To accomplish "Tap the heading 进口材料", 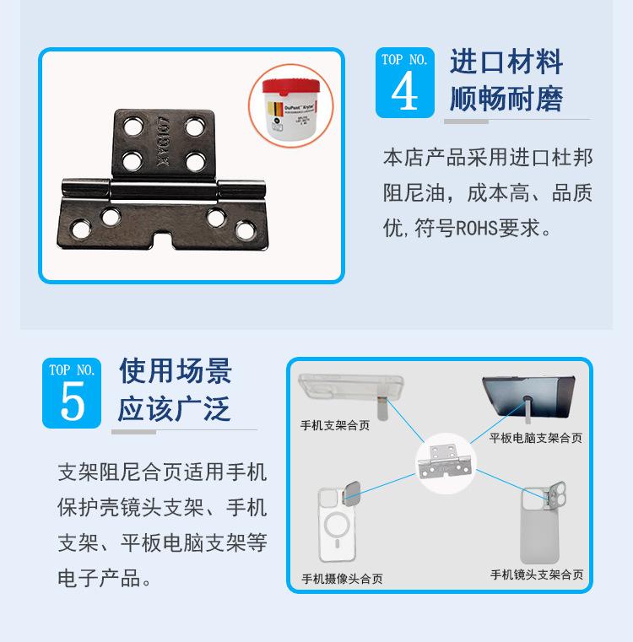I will [x=506, y=62].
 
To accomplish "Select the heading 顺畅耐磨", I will [x=506, y=99].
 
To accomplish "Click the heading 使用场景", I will [x=175, y=370].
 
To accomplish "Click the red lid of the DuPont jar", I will [x=290, y=86].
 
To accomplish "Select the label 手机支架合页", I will [x=335, y=425].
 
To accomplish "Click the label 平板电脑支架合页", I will [x=536, y=438].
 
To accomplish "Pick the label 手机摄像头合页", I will [x=342, y=579].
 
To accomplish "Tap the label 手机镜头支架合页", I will [x=536, y=575].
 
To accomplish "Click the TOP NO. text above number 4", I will [x=404, y=60].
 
